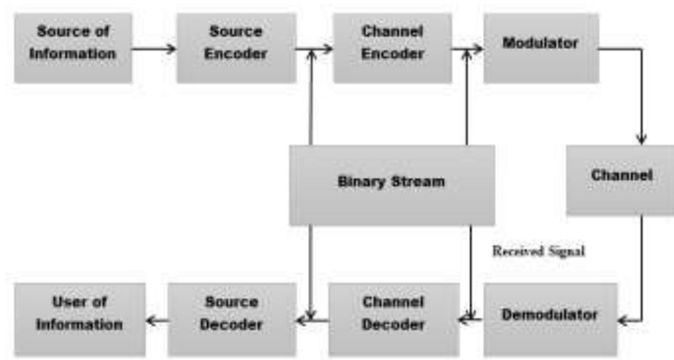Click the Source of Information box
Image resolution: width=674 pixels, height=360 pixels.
pos(73,48)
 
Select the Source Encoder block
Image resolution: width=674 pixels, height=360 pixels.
pos(236,48)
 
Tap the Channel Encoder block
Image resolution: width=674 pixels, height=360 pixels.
pos(392,48)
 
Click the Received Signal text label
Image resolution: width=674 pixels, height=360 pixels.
pos(538,252)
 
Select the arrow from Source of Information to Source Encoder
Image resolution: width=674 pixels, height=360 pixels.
pos(154,48)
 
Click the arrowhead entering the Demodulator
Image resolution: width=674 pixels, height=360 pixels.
pos(622,321)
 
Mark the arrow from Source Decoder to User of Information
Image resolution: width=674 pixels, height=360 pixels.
pos(157,321)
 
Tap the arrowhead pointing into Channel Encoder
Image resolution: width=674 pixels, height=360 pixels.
pos(328,48)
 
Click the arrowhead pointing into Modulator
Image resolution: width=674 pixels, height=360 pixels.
pos(478,48)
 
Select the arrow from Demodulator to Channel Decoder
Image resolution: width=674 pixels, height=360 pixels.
pos(472,321)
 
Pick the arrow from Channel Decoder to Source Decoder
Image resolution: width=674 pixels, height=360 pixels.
pos(313,321)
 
